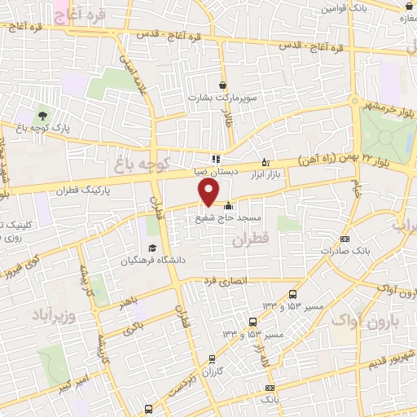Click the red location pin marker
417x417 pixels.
209,191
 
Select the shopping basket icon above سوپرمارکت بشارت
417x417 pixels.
222,84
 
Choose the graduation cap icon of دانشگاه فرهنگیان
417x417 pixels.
151,248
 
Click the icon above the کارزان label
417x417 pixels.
213,358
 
